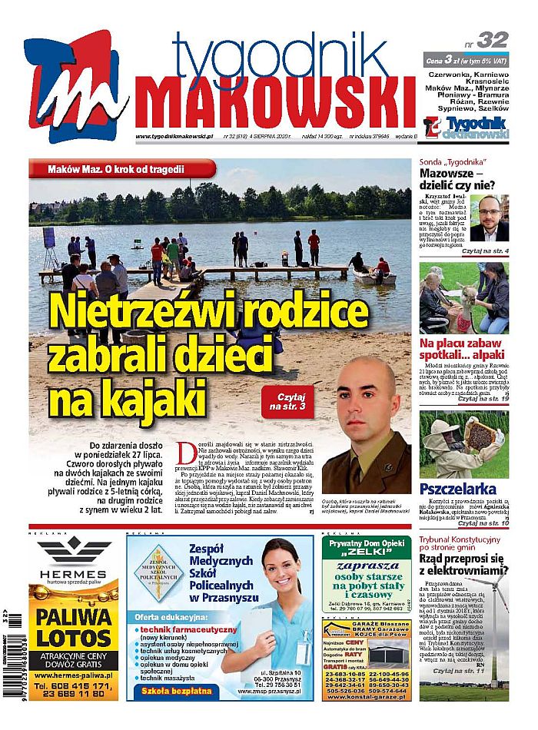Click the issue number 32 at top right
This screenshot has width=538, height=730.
(491, 40)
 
